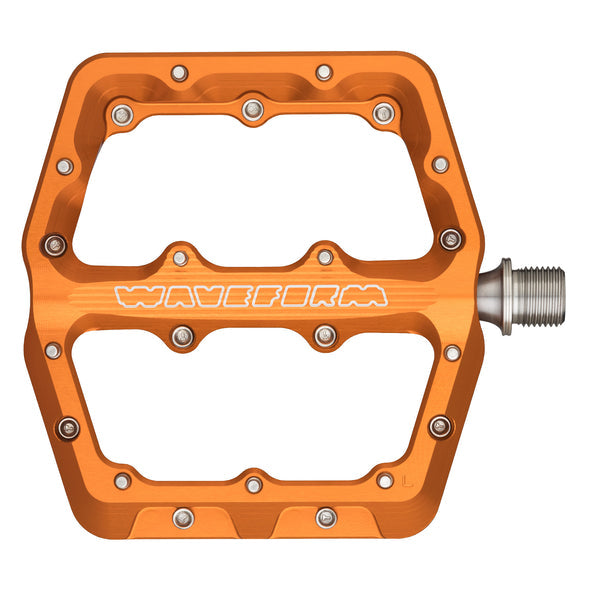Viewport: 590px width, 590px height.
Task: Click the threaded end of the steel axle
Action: point(540,295)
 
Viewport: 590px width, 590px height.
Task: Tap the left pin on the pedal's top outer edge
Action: point(179,73)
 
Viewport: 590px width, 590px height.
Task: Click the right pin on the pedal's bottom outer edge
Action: point(326,517)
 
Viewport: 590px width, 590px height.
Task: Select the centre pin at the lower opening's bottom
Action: point(254,485)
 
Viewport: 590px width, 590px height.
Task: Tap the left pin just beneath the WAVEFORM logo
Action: point(182,336)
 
